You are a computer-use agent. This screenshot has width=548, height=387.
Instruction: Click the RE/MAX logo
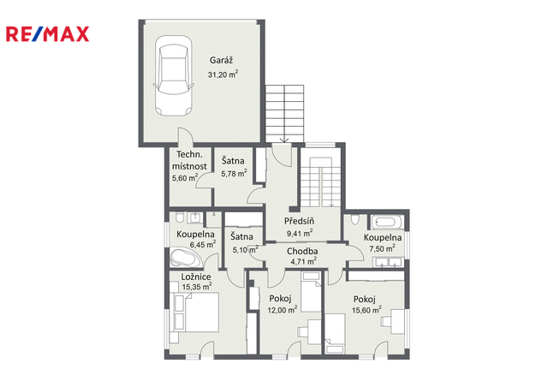click(48, 34)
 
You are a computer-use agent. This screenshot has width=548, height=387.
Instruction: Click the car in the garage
click(174, 75)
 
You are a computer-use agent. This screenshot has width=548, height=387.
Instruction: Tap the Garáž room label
click(221, 60)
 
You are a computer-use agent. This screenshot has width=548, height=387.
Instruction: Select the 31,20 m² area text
click(223, 74)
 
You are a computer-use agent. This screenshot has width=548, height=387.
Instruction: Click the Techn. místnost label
click(189, 160)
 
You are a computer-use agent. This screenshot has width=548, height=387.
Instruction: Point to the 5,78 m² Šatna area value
click(234, 173)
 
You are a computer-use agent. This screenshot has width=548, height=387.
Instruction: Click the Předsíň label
click(299, 221)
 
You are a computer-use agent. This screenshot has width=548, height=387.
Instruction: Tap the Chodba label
click(302, 251)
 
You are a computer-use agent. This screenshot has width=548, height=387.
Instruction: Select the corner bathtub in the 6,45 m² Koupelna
click(182, 258)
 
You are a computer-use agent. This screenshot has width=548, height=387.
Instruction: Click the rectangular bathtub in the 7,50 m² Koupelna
click(388, 222)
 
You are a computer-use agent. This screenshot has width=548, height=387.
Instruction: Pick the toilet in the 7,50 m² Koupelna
click(354, 219)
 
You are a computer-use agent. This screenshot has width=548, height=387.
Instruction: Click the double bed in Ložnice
click(196, 313)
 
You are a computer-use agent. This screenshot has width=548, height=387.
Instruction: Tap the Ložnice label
click(196, 277)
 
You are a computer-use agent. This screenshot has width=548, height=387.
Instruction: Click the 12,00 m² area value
click(283, 310)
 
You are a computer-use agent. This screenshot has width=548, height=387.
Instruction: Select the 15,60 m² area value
click(366, 310)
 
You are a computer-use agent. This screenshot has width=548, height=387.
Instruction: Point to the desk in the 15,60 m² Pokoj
click(398, 321)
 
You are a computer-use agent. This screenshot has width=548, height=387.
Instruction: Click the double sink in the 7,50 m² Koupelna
click(389, 262)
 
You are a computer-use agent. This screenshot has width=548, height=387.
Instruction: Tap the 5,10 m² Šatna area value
click(246, 250)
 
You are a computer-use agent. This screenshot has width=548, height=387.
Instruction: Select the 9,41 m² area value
click(300, 233)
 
